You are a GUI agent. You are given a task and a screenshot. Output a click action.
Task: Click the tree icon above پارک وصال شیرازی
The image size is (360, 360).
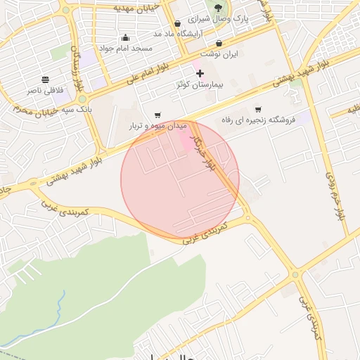point(219,8)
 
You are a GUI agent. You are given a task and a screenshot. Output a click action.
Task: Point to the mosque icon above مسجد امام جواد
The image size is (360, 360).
point(125,38)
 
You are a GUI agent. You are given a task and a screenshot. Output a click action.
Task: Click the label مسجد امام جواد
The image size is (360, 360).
point(125,49)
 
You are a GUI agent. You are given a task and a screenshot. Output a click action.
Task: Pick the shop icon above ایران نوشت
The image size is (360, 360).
point(219,44)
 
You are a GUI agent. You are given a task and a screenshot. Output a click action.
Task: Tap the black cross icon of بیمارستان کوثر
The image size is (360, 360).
point(200,73)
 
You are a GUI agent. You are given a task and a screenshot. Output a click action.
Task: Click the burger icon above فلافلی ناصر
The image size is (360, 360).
point(46,79)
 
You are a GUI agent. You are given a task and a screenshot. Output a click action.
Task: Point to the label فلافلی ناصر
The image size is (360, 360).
point(45,90)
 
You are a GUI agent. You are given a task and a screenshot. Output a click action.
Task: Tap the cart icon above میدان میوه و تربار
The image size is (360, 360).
point(157,115)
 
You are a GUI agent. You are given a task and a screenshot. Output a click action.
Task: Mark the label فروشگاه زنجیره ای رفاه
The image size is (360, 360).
point(259,120)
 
